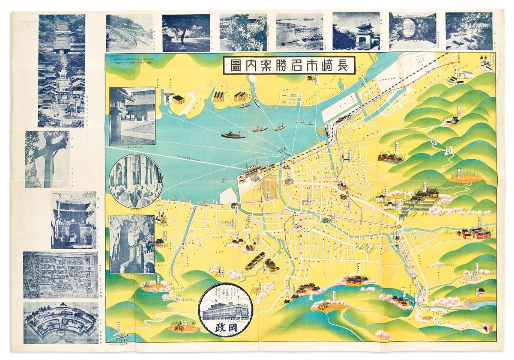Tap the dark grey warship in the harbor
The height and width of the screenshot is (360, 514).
coord(233,135)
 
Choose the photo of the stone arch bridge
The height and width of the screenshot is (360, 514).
coord(412,31)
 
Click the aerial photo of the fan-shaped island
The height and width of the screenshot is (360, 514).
coord(60,322)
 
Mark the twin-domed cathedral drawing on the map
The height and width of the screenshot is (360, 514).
coord(486,65)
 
